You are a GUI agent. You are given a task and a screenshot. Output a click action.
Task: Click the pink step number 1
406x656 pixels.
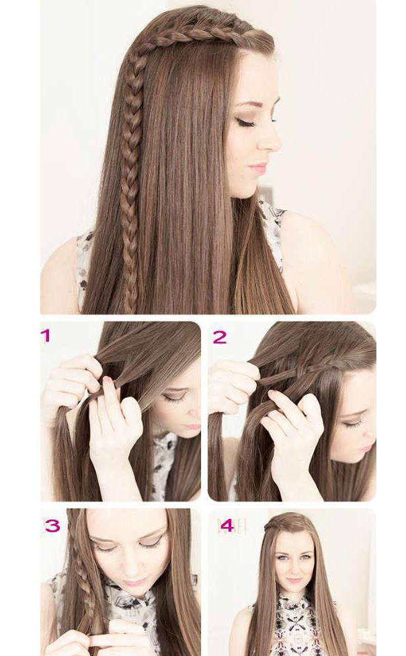pos(45,335)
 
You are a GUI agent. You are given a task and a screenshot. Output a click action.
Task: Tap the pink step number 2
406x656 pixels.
pos(220,337)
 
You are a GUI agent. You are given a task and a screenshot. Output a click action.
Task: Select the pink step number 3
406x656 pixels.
pos(52,526)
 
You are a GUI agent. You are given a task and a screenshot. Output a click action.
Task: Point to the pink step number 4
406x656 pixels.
pos(227,526)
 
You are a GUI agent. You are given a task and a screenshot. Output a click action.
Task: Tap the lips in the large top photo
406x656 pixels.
pos(259,168)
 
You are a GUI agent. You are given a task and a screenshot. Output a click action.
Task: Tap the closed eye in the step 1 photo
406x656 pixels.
pos(173,397)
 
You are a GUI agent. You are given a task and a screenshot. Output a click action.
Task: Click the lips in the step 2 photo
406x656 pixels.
pos(366,448)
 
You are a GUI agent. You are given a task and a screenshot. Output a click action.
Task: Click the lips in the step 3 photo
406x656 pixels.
pos(134,581)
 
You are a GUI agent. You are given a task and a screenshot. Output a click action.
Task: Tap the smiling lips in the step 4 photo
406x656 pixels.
pos(294,580)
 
